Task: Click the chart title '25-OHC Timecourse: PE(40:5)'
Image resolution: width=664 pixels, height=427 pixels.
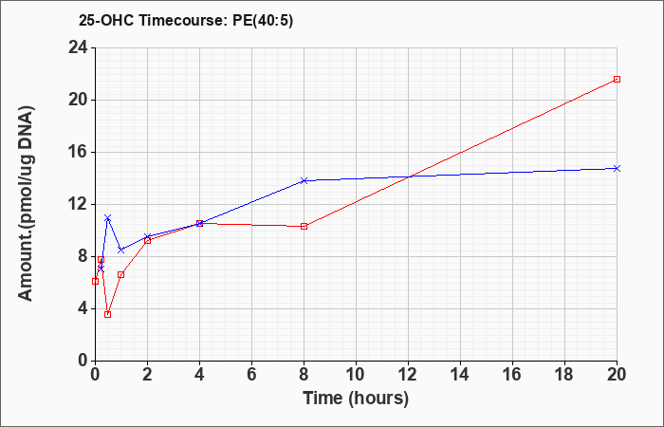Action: pyautogui.click(x=186, y=21)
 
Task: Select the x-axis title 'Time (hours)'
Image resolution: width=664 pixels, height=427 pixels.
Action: pyautogui.click(x=356, y=399)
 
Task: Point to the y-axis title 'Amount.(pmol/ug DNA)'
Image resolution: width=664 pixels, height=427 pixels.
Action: pyautogui.click(x=27, y=204)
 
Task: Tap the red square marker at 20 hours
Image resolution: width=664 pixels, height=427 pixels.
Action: pyautogui.click(x=617, y=79)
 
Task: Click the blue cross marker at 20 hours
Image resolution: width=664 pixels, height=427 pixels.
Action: pyautogui.click(x=617, y=168)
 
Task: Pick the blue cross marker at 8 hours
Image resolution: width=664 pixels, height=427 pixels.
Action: pyautogui.click(x=304, y=181)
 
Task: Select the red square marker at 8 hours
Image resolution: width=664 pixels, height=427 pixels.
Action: pyautogui.click(x=304, y=226)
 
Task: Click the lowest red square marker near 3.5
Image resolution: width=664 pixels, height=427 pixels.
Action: pyautogui.click(x=107, y=314)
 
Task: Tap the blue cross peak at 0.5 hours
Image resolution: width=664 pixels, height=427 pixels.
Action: pyautogui.click(x=107, y=217)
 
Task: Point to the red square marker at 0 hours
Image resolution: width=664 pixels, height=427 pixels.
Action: pyautogui.click(x=95, y=281)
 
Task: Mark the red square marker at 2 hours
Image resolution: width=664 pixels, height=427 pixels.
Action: pyautogui.click(x=147, y=241)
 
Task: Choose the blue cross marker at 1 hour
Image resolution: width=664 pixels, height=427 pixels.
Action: pyautogui.click(x=121, y=250)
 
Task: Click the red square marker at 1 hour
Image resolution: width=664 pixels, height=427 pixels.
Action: pyautogui.click(x=121, y=275)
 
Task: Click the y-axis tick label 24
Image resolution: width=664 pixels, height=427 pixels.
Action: pyautogui.click(x=79, y=47)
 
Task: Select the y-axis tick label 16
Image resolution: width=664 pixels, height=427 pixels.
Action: pyautogui.click(x=79, y=152)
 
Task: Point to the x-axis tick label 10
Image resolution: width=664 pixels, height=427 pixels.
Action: pyautogui.click(x=356, y=374)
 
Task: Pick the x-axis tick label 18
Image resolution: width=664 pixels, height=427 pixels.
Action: pyautogui.click(x=564, y=374)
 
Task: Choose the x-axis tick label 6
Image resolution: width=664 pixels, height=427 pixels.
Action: pyautogui.click(x=251, y=374)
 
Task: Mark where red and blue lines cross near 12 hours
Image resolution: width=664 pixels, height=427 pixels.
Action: pyautogui.click(x=409, y=176)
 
